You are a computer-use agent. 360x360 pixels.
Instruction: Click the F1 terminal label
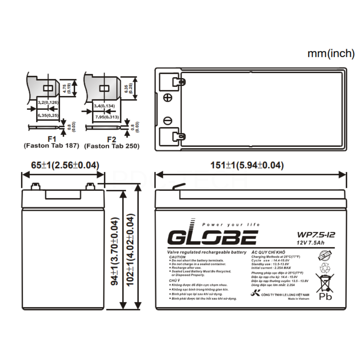point(51,139)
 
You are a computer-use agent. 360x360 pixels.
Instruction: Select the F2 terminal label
point(112,139)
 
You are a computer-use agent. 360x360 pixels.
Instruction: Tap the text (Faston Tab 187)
point(51,146)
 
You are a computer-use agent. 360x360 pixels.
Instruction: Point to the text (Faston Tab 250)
point(112,146)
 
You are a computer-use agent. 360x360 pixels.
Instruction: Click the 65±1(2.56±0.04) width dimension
point(63,165)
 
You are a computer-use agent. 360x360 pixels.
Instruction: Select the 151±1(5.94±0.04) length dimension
point(247,165)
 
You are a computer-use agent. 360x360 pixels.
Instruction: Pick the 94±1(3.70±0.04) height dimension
point(115,251)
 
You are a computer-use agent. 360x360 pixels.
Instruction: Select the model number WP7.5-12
point(315,234)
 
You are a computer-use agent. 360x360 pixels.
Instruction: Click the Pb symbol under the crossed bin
point(325,296)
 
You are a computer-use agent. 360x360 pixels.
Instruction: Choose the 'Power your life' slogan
point(231,225)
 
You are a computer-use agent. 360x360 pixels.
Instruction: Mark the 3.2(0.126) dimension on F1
point(48,102)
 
